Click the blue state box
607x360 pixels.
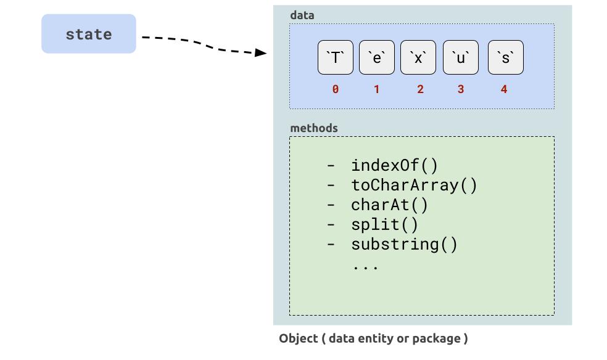(88, 34)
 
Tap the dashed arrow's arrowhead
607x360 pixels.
(261, 52)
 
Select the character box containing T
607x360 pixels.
(336, 57)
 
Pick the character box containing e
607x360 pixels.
(377, 57)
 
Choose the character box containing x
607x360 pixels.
(418, 57)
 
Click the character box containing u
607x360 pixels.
(460, 57)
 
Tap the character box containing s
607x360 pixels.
(505, 57)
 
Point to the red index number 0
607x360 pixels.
(335, 89)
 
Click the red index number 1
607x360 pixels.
(376, 89)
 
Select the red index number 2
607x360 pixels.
(420, 89)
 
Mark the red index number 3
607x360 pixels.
(460, 89)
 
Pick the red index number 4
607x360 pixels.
(504, 89)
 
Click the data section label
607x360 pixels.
(302, 15)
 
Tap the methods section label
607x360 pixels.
(314, 128)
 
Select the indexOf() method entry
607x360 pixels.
(394, 165)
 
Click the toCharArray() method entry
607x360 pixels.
(414, 185)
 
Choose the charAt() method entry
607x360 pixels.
(389, 205)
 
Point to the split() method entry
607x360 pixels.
(384, 224)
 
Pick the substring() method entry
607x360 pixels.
(404, 244)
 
